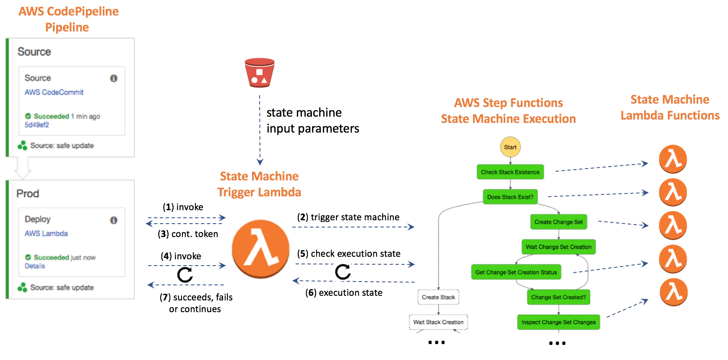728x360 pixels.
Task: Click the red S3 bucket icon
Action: pyautogui.click(x=260, y=73)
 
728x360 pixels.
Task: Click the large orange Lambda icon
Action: pyautogui.click(x=260, y=249)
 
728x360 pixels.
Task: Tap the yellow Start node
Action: pyautogui.click(x=510, y=147)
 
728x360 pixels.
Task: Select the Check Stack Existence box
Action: pyautogui.click(x=510, y=172)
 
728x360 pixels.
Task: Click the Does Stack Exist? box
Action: pyautogui.click(x=510, y=197)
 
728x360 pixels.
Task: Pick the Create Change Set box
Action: pyautogui.click(x=558, y=222)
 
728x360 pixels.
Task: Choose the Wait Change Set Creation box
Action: pyautogui.click(x=558, y=247)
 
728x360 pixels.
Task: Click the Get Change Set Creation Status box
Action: pyautogui.click(x=516, y=272)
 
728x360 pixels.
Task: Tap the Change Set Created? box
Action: pyautogui.click(x=558, y=297)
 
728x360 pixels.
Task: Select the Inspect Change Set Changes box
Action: pyautogui.click(x=558, y=322)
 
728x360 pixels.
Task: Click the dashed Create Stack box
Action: pyautogui.click(x=438, y=297)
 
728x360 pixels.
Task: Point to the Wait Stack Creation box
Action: pyautogui.click(x=438, y=322)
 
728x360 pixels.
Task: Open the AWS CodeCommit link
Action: pyautogui.click(x=54, y=92)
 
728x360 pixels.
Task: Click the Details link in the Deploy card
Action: pyautogui.click(x=34, y=266)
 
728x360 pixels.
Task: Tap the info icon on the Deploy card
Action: pyautogui.click(x=114, y=220)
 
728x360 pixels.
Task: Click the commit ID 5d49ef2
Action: pyautogui.click(x=36, y=125)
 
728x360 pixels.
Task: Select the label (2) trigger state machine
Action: pyautogui.click(x=348, y=217)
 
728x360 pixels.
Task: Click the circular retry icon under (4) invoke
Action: pyautogui.click(x=185, y=275)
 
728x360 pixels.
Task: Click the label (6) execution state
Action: pyautogui.click(x=344, y=293)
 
